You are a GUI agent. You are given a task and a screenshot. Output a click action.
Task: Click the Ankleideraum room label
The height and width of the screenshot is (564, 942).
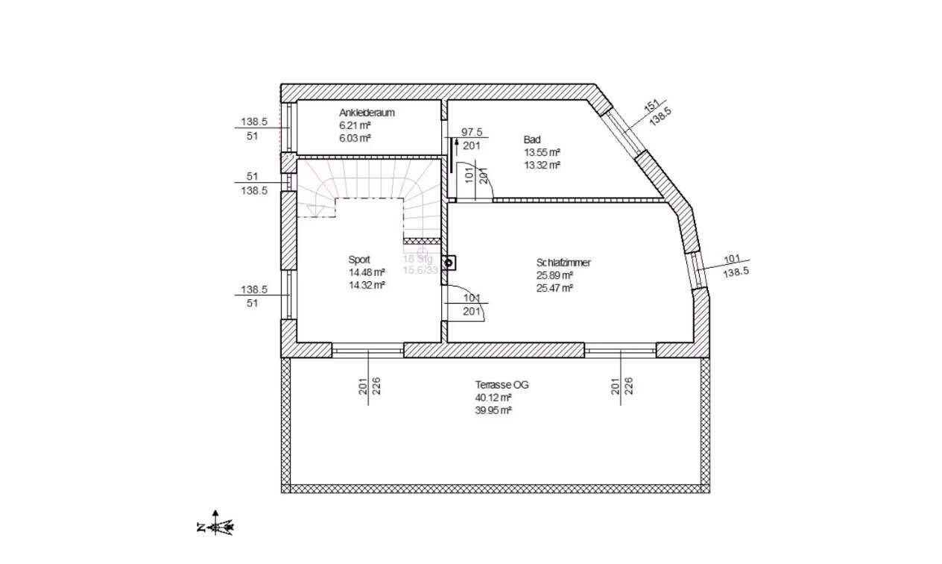367,113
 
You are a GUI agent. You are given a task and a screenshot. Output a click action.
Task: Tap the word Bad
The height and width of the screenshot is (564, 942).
532,140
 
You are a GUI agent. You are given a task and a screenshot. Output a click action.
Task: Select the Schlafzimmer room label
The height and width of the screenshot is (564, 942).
563,263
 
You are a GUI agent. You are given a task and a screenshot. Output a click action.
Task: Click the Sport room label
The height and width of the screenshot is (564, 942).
359,260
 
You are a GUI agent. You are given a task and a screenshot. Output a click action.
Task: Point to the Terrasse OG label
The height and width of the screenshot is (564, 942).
502,385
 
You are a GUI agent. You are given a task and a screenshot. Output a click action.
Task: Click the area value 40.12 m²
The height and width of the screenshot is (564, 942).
493,398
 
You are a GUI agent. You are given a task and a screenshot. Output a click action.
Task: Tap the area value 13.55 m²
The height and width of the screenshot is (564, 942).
542,152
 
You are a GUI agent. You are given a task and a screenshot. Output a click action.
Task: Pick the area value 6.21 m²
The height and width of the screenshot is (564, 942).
355,125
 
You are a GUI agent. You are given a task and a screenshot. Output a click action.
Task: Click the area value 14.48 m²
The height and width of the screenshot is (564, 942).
367,272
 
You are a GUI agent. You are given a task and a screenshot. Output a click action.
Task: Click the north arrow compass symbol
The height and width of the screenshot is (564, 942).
216,524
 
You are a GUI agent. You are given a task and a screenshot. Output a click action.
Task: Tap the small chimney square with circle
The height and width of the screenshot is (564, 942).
449,263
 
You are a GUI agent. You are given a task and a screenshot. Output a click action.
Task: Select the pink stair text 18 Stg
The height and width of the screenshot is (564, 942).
417,258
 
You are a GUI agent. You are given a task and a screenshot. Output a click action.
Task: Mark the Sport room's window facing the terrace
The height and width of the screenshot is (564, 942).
367,349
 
